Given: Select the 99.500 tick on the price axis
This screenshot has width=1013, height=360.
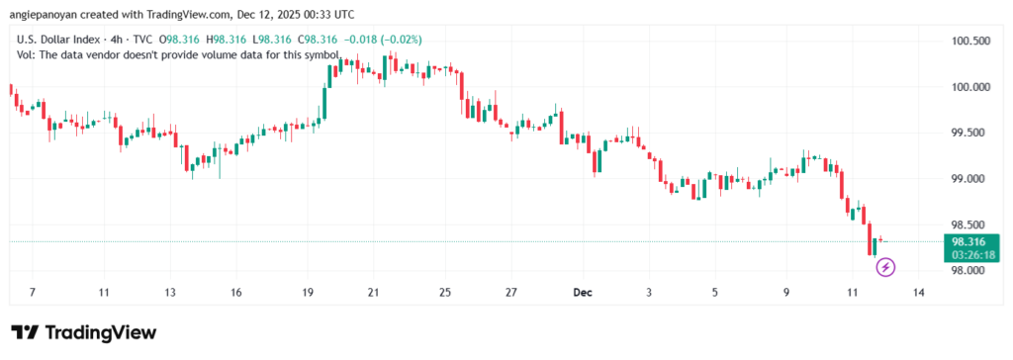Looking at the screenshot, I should [x=969, y=133].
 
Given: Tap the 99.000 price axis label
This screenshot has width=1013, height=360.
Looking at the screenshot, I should [x=969, y=179].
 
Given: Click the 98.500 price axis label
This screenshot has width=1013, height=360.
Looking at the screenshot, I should [x=969, y=225].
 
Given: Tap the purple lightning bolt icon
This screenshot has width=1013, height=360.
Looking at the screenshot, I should [x=886, y=266].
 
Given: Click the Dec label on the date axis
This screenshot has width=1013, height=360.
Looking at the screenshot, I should [x=584, y=293].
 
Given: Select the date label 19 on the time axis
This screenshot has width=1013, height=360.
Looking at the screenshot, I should [x=309, y=293].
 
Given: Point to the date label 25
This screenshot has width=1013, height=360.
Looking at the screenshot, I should [x=445, y=293].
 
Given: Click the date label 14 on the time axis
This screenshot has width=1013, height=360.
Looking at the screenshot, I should [x=919, y=293].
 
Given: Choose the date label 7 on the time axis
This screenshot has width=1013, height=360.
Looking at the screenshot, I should [x=33, y=293].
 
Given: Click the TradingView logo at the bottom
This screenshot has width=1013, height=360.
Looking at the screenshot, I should [x=84, y=332].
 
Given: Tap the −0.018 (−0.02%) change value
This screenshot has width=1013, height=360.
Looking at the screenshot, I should [x=382, y=40].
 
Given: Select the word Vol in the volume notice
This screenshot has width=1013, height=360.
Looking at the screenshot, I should [x=26, y=54].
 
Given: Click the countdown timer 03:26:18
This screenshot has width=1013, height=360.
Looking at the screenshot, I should [x=969, y=254].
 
